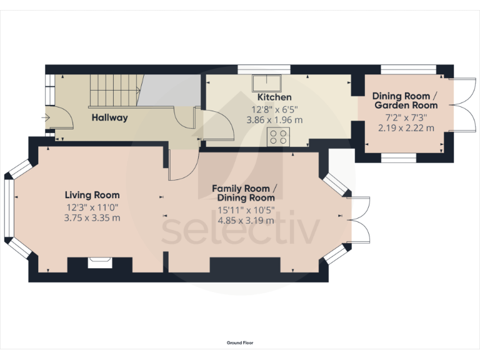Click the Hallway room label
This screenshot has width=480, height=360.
click(109, 117)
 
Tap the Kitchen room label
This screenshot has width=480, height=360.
click(274, 97)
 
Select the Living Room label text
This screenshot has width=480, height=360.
click(93, 195)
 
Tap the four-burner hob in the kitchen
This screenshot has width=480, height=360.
click(278, 136)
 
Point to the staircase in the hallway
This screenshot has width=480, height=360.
click(112, 90)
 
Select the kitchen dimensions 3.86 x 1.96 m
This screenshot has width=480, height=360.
click(274, 119)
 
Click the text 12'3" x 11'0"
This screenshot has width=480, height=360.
click(93, 207)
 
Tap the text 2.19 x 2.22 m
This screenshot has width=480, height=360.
click(404, 127)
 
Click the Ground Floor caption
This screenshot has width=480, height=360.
click(240, 342)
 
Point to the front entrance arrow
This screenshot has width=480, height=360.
click(47, 117)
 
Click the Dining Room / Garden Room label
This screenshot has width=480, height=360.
click(404, 101)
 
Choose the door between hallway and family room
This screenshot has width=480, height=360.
click(181, 165)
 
